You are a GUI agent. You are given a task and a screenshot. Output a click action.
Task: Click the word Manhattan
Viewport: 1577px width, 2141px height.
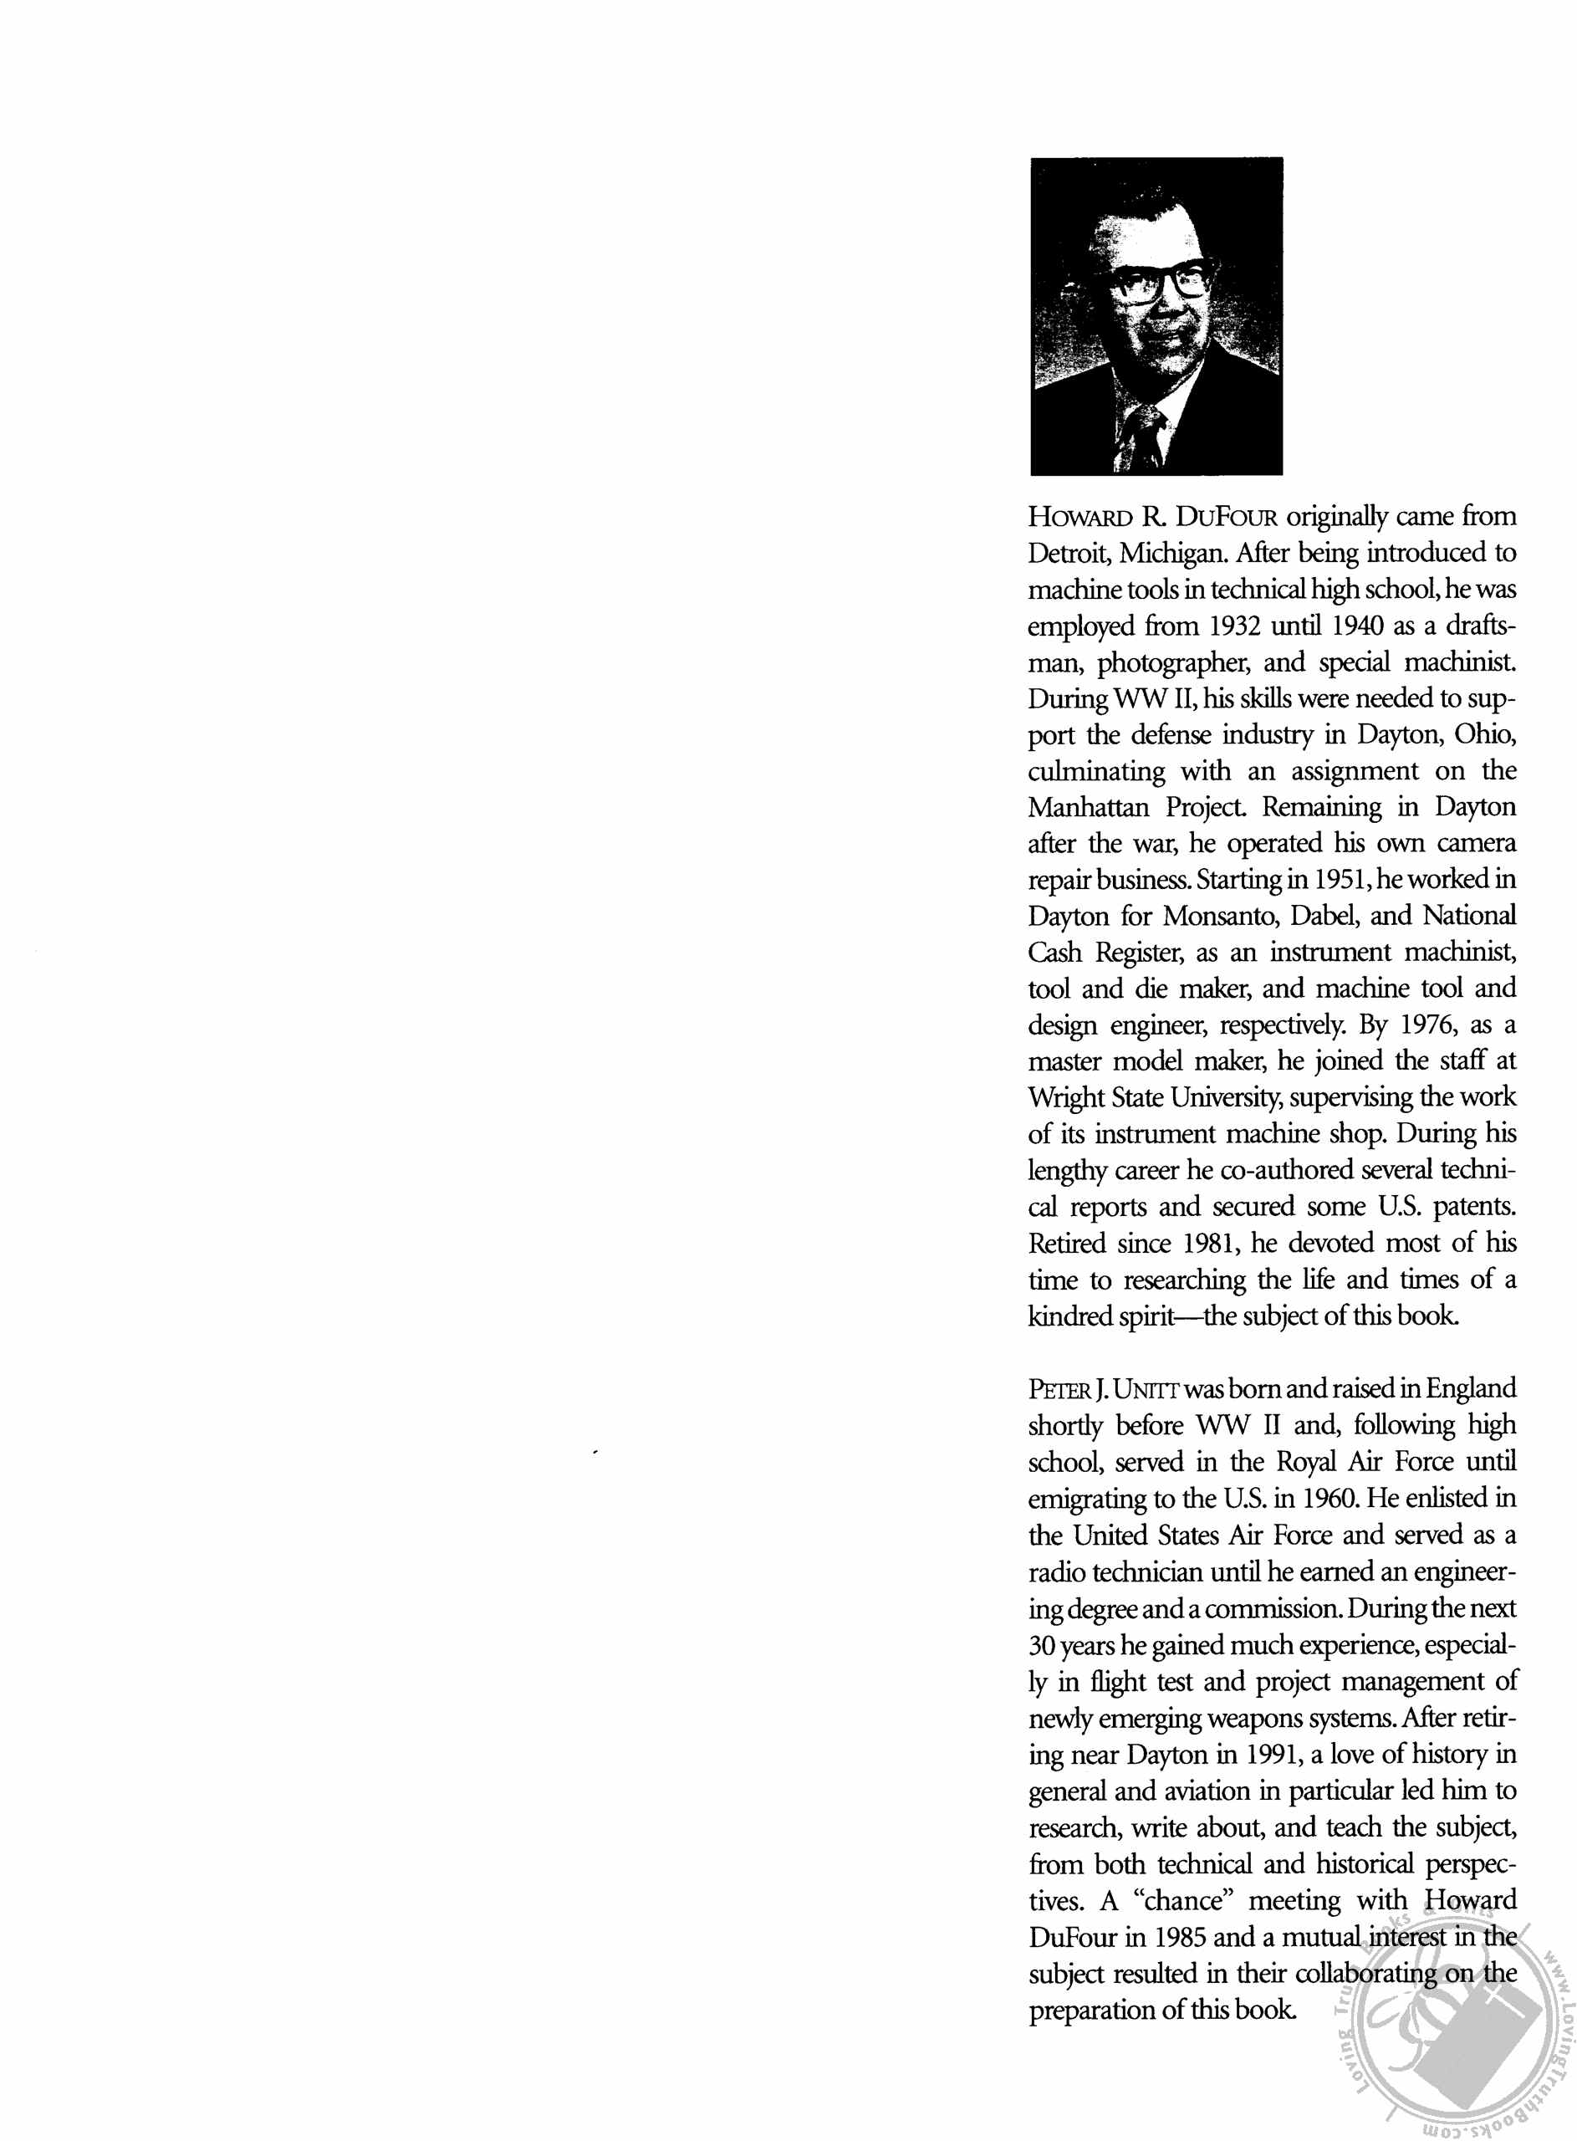pyautogui.click(x=1088, y=808)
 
